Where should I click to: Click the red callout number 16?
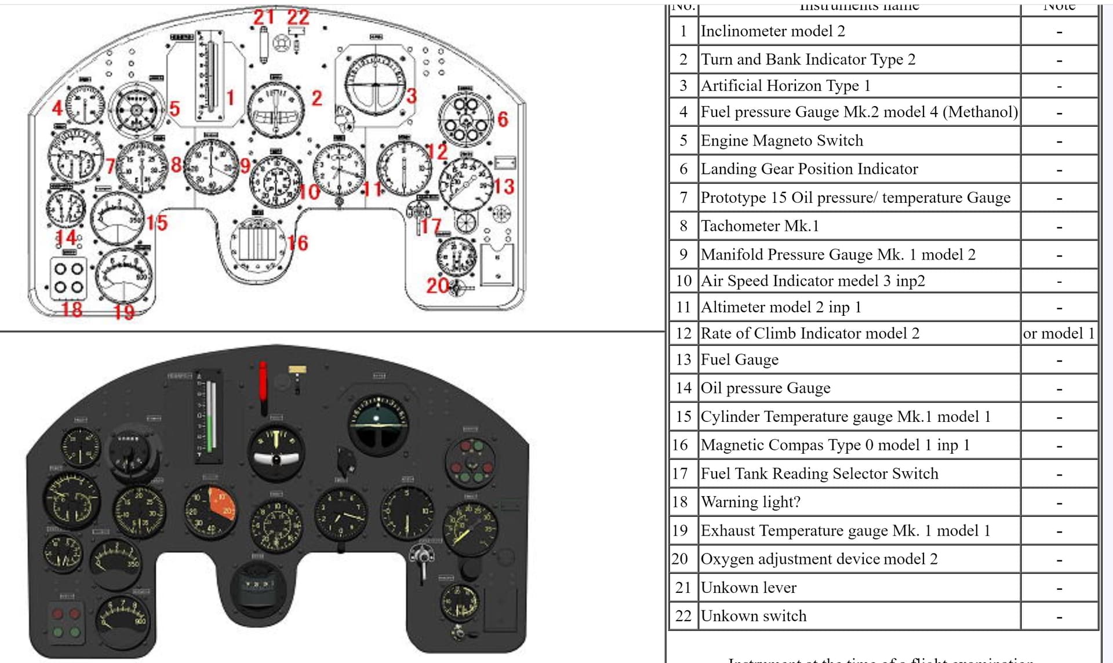pyautogui.click(x=298, y=243)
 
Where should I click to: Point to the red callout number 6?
pyautogui.click(x=503, y=119)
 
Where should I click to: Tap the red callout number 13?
pyautogui.click(x=503, y=187)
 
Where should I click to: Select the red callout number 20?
pyautogui.click(x=437, y=286)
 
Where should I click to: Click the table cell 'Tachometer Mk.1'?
pyautogui.click(x=759, y=226)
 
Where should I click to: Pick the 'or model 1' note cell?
pyautogui.click(x=1059, y=334)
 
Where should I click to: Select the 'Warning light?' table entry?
pyautogui.click(x=750, y=502)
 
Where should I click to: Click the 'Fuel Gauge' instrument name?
pyautogui.click(x=739, y=360)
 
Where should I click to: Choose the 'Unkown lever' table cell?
pyautogui.click(x=748, y=588)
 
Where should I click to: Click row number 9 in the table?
pyautogui.click(x=683, y=254)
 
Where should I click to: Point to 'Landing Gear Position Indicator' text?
pyautogui.click(x=809, y=169)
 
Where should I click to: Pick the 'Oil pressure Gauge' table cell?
pyautogui.click(x=765, y=388)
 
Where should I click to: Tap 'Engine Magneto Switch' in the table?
pyautogui.click(x=781, y=141)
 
